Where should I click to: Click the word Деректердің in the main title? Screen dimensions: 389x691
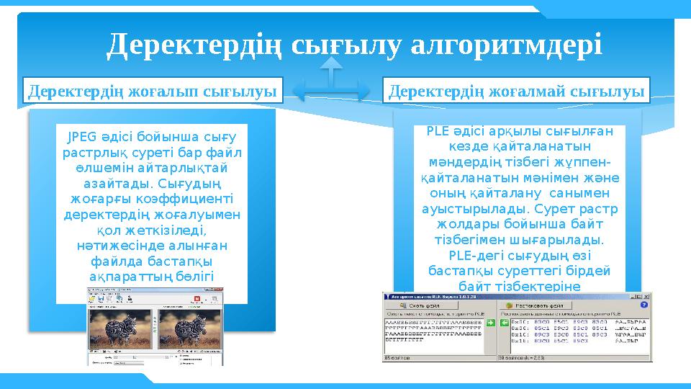coord(196,45)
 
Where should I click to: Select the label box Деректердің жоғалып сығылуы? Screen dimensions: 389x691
coord(153,91)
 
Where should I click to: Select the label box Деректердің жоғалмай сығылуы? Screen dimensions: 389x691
coord(516,91)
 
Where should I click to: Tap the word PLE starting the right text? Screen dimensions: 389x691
coord(438,131)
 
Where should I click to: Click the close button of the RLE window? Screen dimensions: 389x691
coord(646,297)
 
